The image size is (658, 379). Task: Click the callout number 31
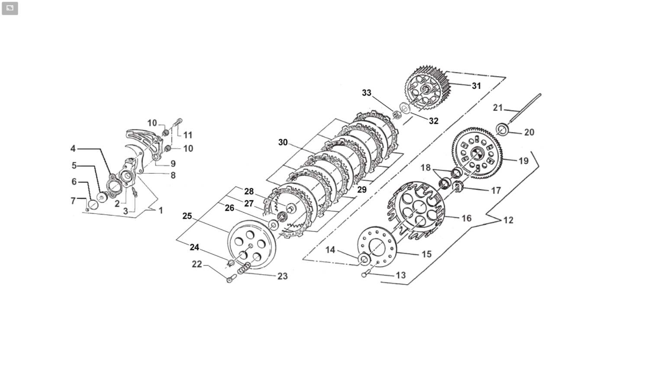[476, 86]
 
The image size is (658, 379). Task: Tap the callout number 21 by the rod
[498, 108]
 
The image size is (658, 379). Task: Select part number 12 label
[508, 220]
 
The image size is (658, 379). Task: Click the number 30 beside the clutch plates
[283, 143]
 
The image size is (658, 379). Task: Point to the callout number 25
[187, 216]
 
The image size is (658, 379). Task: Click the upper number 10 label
[152, 123]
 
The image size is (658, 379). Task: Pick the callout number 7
[73, 201]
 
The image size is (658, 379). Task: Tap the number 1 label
[161, 211]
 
